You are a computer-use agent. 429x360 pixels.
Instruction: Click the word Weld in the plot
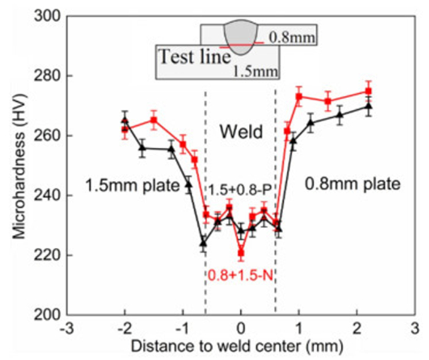pyautogui.click(x=240, y=131)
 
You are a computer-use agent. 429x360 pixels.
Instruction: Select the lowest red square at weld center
pyautogui.click(x=241, y=253)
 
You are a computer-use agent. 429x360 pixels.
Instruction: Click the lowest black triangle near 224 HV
pyautogui.click(x=203, y=243)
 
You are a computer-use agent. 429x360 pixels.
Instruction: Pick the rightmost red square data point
pyautogui.click(x=368, y=91)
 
